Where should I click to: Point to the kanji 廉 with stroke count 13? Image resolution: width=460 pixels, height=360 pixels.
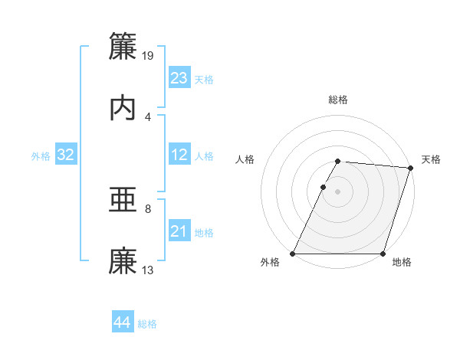pos(123,260)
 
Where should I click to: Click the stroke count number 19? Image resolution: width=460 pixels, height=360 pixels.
pos(149,55)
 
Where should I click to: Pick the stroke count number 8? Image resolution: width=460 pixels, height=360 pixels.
pos(148,208)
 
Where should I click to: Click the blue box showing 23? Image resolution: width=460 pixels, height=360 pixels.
pos(179,78)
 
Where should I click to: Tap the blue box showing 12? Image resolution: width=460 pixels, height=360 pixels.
pos(179,155)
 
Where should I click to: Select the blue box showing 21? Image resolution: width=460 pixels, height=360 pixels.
pos(179,231)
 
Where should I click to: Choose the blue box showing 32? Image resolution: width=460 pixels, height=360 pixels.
pos(66,155)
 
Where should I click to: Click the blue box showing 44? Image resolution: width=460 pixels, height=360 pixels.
pos(122,323)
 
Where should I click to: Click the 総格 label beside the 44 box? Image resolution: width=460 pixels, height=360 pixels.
pos(147,324)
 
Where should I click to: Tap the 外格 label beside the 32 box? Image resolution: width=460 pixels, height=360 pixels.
pos(41,155)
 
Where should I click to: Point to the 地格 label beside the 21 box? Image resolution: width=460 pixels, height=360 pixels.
pos(204,232)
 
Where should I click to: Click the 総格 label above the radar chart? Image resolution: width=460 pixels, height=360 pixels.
pos(338,100)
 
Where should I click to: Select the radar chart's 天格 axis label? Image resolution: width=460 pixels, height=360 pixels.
pos(432,159)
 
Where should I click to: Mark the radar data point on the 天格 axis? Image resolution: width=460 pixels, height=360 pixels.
pos(411,168)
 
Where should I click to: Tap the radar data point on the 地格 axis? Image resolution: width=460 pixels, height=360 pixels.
pos(383,254)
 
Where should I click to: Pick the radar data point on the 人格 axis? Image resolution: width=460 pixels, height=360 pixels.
pos(324,187)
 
